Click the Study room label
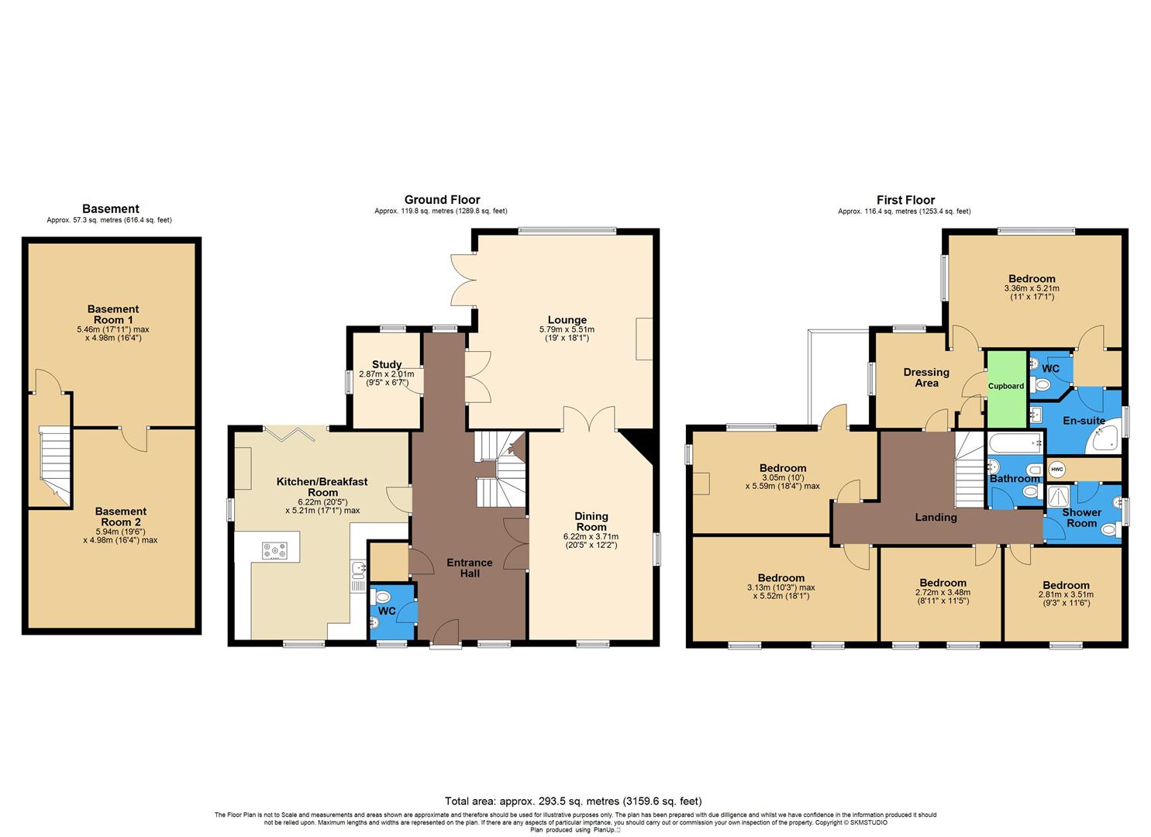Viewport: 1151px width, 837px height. click(x=387, y=364)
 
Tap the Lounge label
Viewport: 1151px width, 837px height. click(x=567, y=319)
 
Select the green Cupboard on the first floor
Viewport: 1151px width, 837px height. click(x=1006, y=385)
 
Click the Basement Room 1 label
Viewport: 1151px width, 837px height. click(x=113, y=315)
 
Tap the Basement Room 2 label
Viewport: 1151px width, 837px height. click(x=120, y=516)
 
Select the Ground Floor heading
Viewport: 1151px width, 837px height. click(x=442, y=200)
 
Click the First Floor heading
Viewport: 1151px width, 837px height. click(x=905, y=200)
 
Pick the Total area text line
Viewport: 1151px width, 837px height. click(x=574, y=801)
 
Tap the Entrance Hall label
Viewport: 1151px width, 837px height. click(x=469, y=567)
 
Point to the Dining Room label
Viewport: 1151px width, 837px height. click(x=591, y=521)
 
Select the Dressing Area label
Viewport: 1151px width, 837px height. click(x=926, y=377)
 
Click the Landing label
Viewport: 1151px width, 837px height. click(x=936, y=517)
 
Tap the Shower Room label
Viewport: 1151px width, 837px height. click(x=1081, y=518)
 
